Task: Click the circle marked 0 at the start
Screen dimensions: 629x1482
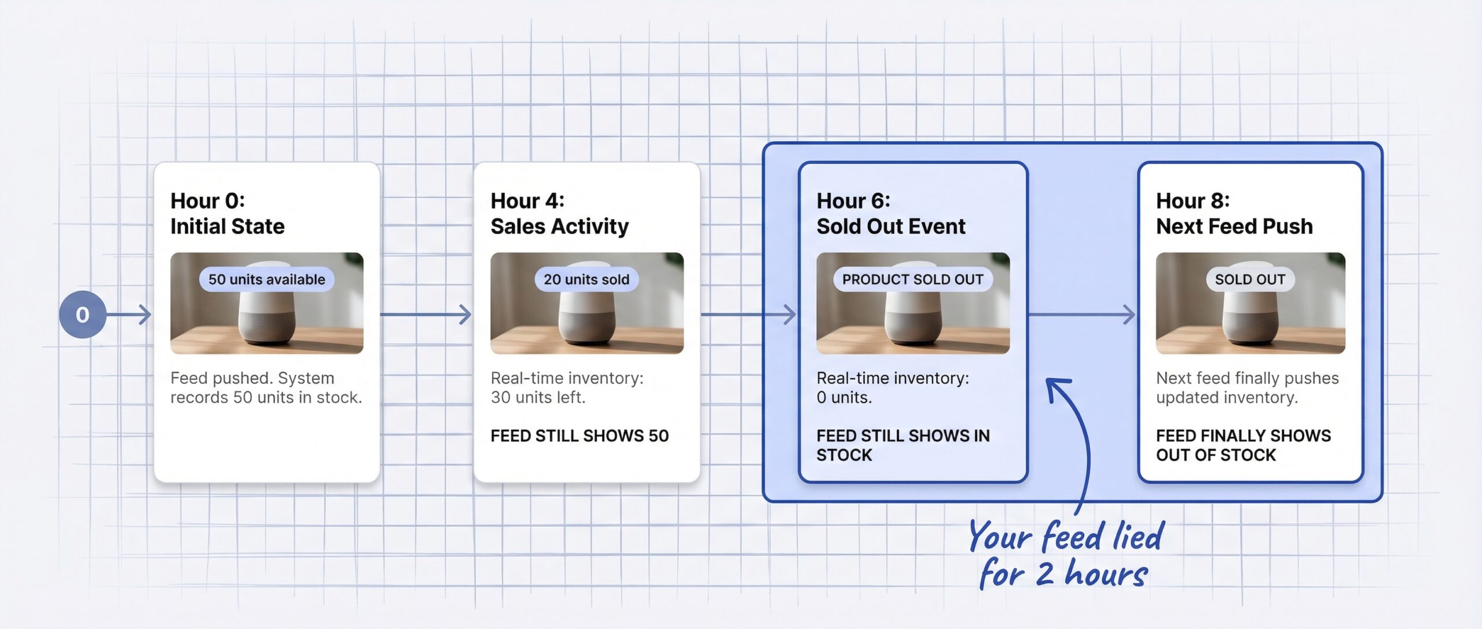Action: tap(82, 314)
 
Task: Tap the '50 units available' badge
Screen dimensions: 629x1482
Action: tap(266, 279)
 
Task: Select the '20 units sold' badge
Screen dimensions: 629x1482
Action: tap(586, 279)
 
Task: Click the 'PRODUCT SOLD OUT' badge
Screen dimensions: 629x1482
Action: tap(912, 279)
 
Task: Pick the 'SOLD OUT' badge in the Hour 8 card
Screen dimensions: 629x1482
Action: tap(1250, 279)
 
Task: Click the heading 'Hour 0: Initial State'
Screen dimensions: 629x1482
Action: tap(227, 213)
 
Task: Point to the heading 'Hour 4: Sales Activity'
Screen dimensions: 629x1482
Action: tap(559, 213)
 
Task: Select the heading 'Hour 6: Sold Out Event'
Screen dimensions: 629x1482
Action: tap(890, 213)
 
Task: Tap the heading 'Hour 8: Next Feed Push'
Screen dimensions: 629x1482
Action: tap(1234, 213)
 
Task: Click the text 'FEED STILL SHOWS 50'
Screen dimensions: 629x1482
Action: tap(579, 436)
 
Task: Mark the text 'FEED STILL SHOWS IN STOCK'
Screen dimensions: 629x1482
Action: tap(903, 445)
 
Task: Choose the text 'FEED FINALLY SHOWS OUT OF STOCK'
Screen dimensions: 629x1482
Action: tap(1243, 445)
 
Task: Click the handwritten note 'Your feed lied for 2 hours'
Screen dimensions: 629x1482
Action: tap(1065, 555)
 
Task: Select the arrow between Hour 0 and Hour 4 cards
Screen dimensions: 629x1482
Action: tap(426, 314)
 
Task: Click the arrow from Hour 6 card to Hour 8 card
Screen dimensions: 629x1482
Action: tap(1081, 314)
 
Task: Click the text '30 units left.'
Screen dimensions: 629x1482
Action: tap(538, 397)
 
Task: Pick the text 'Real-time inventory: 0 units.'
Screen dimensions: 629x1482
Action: tap(892, 387)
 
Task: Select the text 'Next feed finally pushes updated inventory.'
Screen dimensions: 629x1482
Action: tap(1247, 387)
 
